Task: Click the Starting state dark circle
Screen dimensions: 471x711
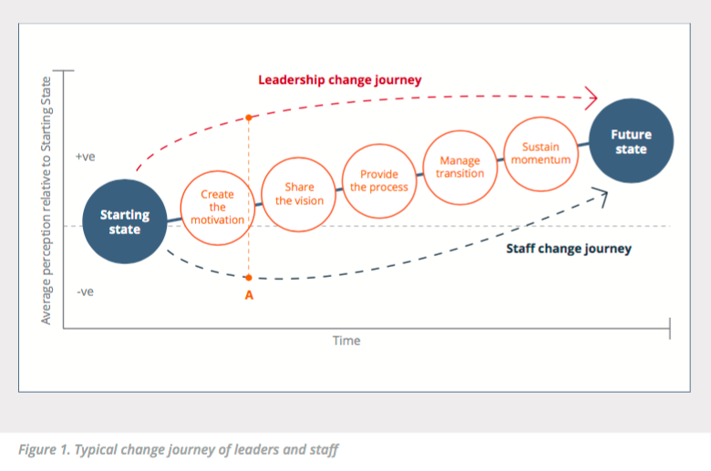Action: (125, 221)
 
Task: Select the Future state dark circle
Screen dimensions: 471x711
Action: (630, 141)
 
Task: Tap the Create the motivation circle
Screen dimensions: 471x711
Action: (217, 207)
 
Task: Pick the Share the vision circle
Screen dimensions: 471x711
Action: (299, 194)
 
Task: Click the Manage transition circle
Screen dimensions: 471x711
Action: (459, 167)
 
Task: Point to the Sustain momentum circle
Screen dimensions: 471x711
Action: (541, 153)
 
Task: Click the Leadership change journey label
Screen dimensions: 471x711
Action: (339, 80)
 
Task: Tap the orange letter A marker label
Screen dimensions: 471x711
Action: (248, 294)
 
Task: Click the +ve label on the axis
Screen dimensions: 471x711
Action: (85, 157)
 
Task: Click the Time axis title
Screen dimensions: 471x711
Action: (345, 341)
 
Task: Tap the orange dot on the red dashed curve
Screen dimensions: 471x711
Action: (248, 117)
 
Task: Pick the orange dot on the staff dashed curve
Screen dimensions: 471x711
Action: (248, 277)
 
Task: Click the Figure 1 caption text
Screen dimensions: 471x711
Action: (179, 450)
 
